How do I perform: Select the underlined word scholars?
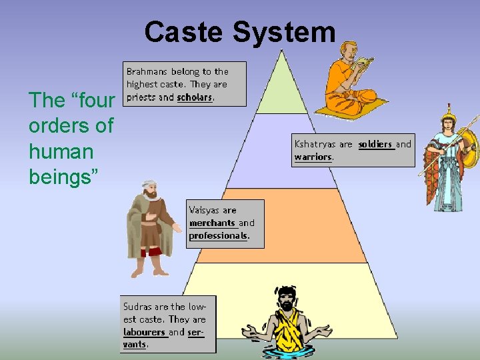[195, 97]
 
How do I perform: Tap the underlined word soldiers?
[375, 144]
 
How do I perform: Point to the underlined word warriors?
[313, 157]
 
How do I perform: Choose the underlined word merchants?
[212, 223]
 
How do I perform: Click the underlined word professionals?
[218, 236]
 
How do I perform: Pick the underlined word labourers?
[144, 332]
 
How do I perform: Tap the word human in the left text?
[61, 151]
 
